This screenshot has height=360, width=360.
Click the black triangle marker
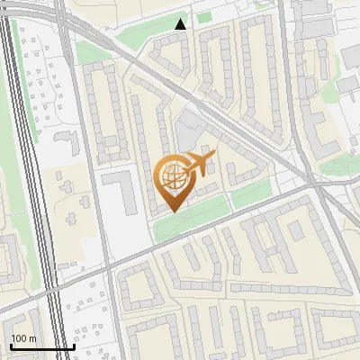(181, 24)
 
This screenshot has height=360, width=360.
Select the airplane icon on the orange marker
(198, 164)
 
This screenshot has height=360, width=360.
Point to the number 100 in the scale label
(20, 338)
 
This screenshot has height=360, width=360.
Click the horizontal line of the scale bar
(41, 347)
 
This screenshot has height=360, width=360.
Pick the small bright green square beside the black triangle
(204, 17)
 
